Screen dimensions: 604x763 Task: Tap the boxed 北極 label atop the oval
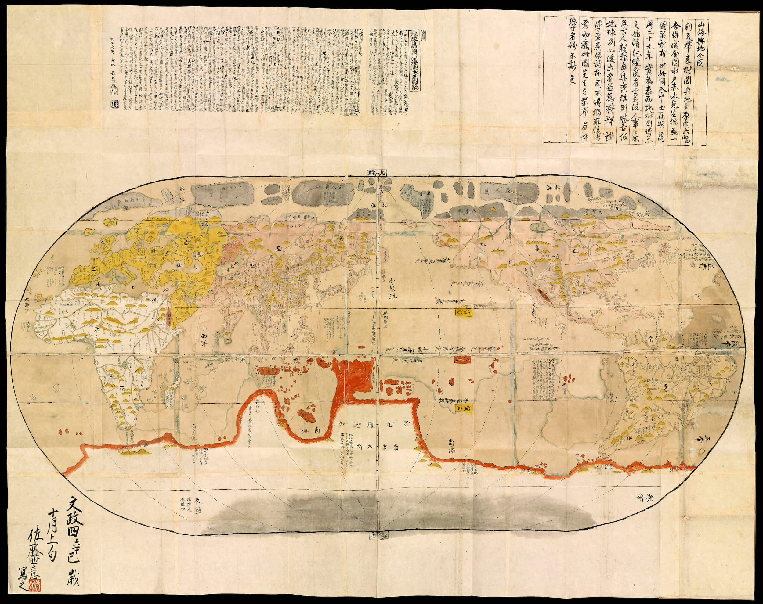coord(377,173)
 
